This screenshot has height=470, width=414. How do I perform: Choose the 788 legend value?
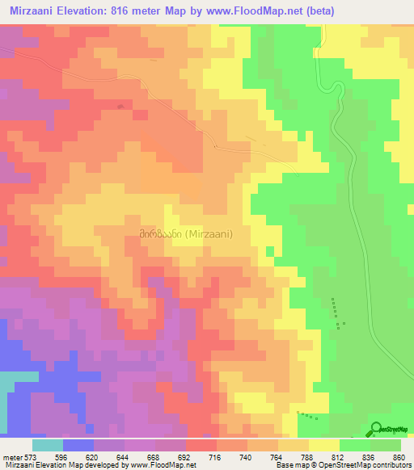pos(306,456)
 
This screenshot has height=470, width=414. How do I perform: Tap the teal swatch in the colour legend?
pos(48,445)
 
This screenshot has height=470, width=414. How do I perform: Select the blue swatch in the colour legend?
pos(78,445)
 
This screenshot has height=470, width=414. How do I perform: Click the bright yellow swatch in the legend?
pos(324,445)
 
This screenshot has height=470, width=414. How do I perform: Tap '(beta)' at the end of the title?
pos(315,10)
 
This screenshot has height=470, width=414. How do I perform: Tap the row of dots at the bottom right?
pos(306,416)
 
